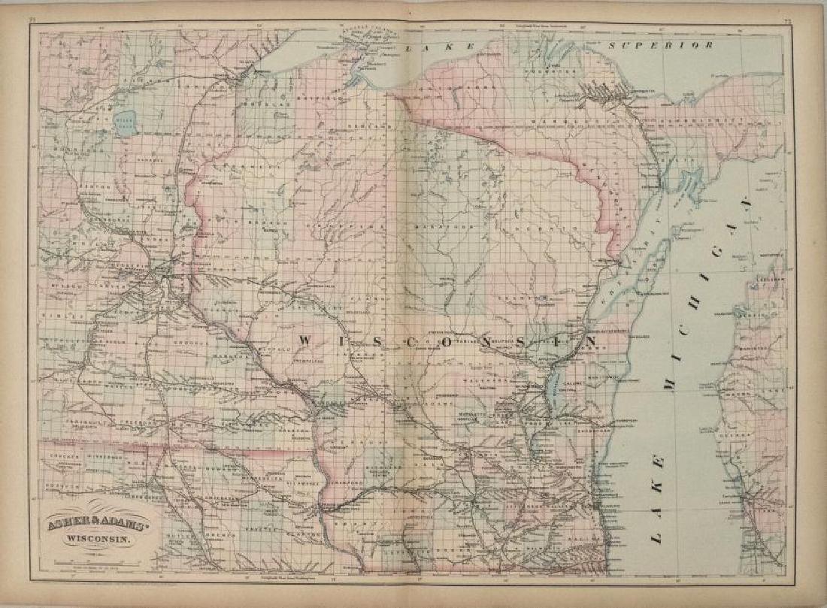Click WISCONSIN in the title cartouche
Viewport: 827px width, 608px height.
click(98, 538)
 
